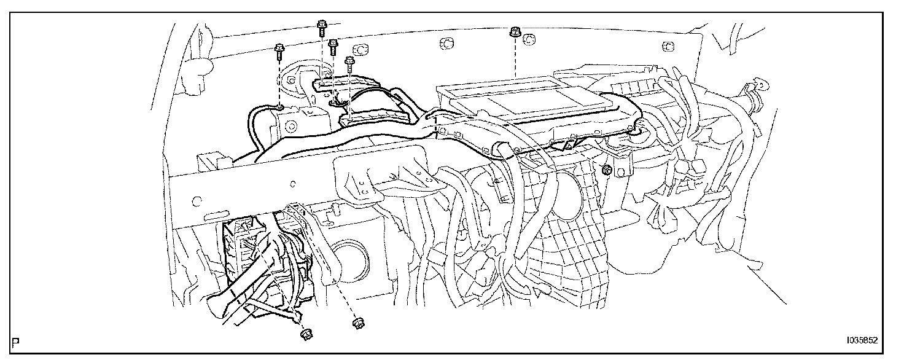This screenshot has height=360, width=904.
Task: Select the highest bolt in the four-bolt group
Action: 321,26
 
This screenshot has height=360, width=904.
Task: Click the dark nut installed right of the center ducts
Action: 606,170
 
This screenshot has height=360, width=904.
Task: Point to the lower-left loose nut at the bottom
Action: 305,334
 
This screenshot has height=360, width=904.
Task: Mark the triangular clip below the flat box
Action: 566,146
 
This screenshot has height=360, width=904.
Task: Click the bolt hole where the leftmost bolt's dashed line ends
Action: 279,109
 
